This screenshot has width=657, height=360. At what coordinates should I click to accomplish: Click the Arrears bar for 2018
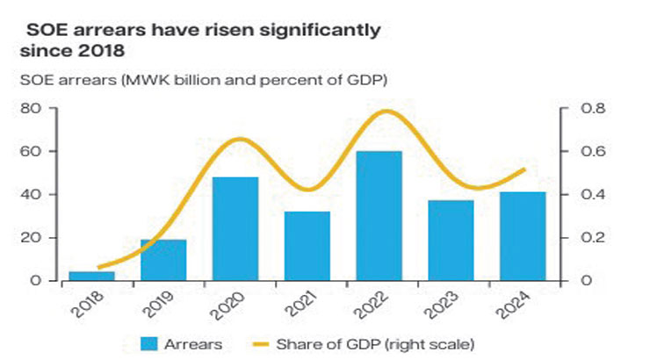[91, 276]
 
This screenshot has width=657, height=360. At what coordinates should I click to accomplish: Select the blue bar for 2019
[163, 260]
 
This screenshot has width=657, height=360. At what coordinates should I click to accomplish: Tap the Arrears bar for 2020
[235, 228]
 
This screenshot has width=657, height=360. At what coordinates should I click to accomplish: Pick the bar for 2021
[307, 246]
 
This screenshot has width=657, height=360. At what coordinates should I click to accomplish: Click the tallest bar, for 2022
[379, 216]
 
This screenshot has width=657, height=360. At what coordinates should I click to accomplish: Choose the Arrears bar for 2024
[523, 236]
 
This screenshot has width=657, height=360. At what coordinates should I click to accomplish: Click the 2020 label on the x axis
[230, 304]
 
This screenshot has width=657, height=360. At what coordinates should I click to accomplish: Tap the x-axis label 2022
[374, 304]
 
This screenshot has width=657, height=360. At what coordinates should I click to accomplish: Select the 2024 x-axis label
[518, 304]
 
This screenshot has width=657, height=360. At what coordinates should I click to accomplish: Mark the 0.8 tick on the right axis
[591, 109]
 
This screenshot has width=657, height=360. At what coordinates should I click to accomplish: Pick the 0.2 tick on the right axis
[591, 238]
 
